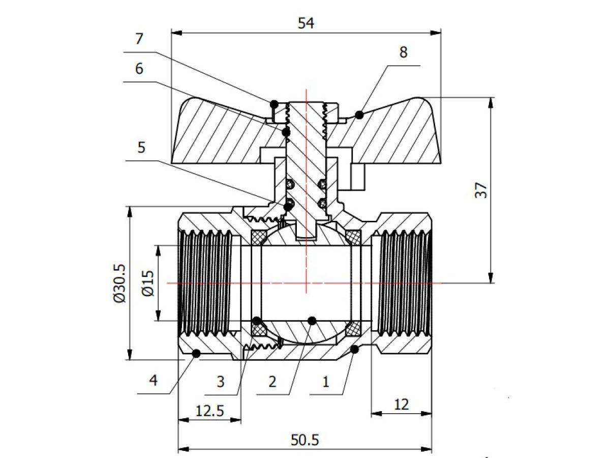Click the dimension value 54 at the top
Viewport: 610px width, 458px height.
(306, 23)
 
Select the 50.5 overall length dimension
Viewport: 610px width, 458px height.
(306, 440)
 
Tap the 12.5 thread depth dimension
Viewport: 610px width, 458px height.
(209, 410)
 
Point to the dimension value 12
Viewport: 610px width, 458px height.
(401, 405)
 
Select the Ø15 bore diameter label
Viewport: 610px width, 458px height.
(148, 283)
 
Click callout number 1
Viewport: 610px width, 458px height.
(326, 381)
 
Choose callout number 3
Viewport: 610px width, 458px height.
(220, 381)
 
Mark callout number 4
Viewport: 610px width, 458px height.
(152, 380)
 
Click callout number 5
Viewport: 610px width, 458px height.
(141, 148)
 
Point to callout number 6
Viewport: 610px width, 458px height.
(139, 69)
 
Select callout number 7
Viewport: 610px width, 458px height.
(139, 39)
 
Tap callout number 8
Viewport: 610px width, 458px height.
(404, 52)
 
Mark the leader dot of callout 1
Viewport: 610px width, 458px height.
(354, 349)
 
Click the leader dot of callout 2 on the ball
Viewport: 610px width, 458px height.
(312, 320)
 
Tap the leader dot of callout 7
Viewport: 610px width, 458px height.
(274, 104)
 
